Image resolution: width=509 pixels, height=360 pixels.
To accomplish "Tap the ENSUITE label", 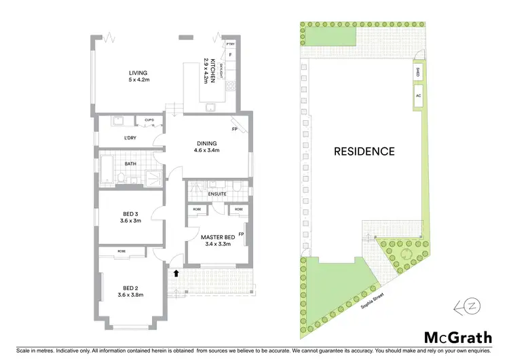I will click(217, 194).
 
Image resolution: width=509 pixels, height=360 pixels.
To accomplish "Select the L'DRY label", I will click(131, 139).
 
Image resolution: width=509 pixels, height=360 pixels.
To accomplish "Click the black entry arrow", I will click(176, 274).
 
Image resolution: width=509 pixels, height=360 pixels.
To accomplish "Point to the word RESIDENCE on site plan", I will click(364, 151).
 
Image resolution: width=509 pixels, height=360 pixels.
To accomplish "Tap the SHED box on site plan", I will click(417, 71).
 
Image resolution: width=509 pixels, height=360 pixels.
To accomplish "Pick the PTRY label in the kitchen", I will click(230, 43).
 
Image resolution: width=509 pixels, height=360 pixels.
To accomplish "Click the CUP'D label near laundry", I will click(149, 121).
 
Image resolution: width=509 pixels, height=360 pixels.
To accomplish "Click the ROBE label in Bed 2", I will click(121, 251).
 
